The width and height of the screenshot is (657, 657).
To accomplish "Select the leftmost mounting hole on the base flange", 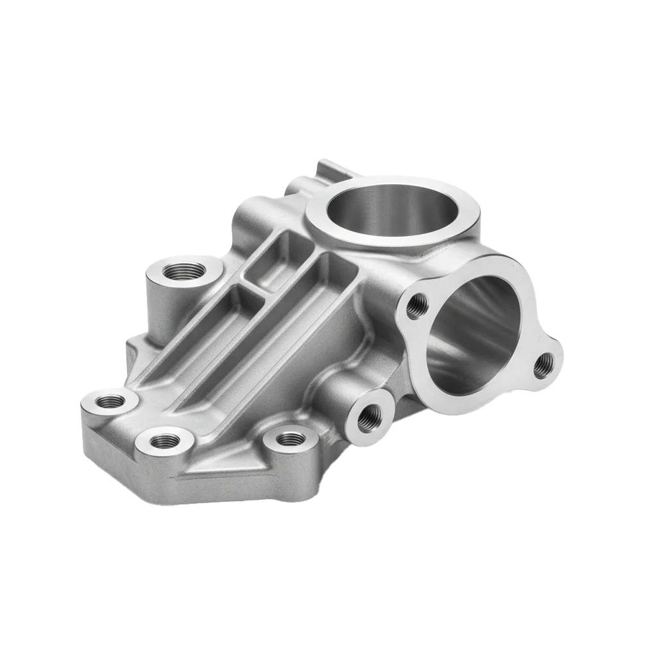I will point(110,402).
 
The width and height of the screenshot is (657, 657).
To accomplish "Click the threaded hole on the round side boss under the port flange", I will point(370,417).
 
